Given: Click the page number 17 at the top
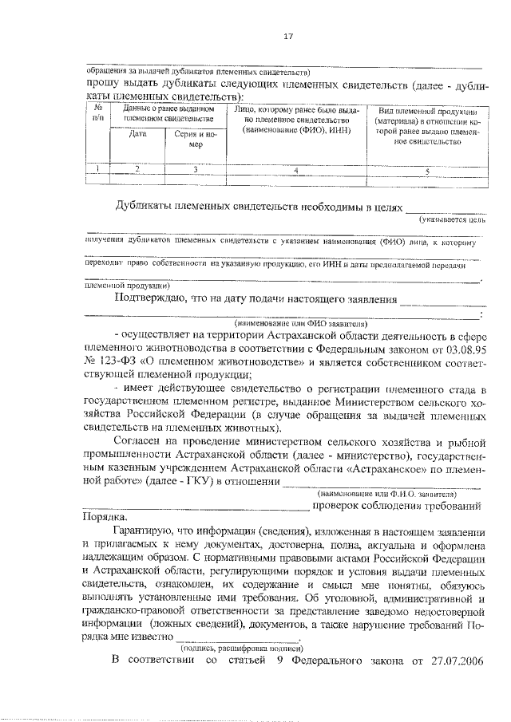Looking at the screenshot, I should (x=289, y=36).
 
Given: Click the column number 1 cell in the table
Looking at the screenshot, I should (x=97, y=168).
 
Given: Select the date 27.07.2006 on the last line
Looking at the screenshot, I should (x=454, y=660).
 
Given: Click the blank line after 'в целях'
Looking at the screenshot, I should (x=442, y=209).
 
